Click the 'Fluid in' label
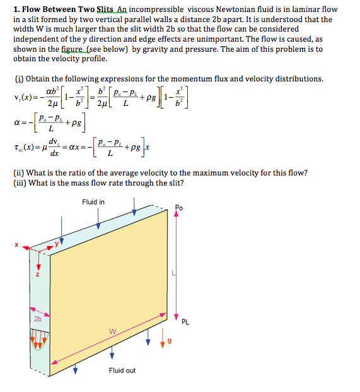point(93,202)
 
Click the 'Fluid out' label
point(122,370)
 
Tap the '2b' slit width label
point(38,318)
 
